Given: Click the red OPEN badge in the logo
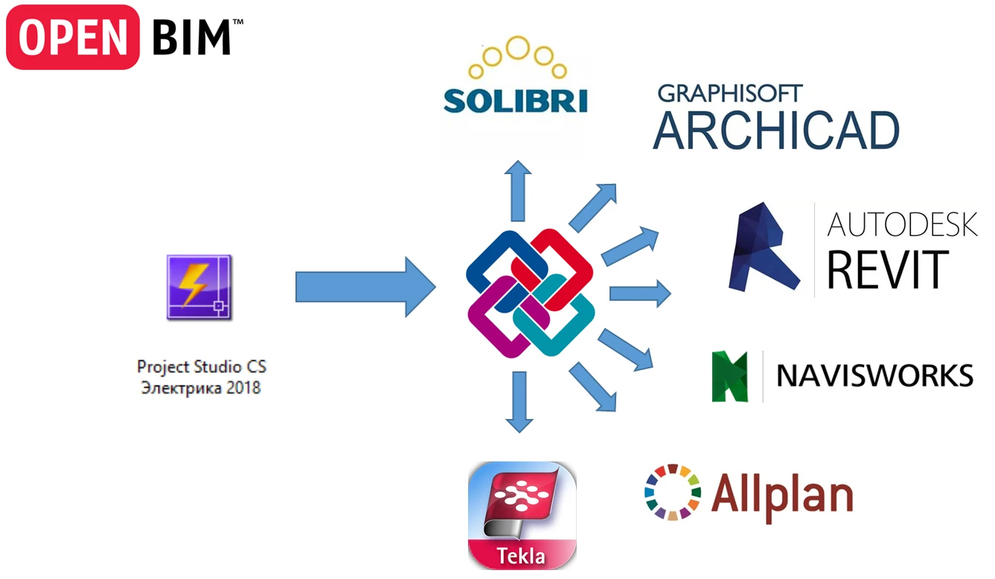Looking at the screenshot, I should click(x=72, y=36).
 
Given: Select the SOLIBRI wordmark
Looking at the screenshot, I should click(x=515, y=100).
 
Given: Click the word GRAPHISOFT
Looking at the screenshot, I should click(x=730, y=94).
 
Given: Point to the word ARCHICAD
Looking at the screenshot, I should click(x=776, y=131).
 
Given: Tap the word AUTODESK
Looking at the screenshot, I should click(x=902, y=223).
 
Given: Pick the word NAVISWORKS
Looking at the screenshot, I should click(x=874, y=376).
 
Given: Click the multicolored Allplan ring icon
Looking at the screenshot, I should click(x=673, y=492).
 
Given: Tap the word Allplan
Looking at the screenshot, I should click(x=781, y=493).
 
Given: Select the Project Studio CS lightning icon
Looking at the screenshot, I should click(x=199, y=287).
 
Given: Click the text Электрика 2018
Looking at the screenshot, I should click(x=201, y=388).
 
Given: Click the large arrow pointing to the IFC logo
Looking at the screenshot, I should click(x=365, y=287).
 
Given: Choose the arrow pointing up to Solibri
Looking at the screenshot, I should click(x=518, y=191).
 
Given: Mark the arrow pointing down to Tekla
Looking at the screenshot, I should click(x=519, y=402).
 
